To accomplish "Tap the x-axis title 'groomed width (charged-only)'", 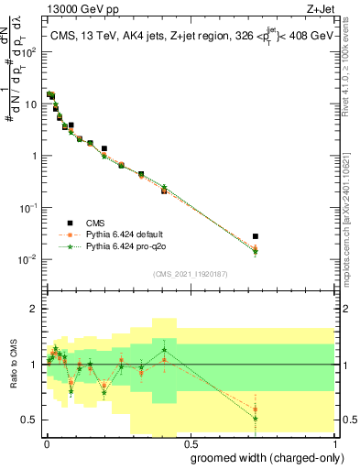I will pos(263,456).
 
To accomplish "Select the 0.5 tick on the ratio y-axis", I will pos(30,420).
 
